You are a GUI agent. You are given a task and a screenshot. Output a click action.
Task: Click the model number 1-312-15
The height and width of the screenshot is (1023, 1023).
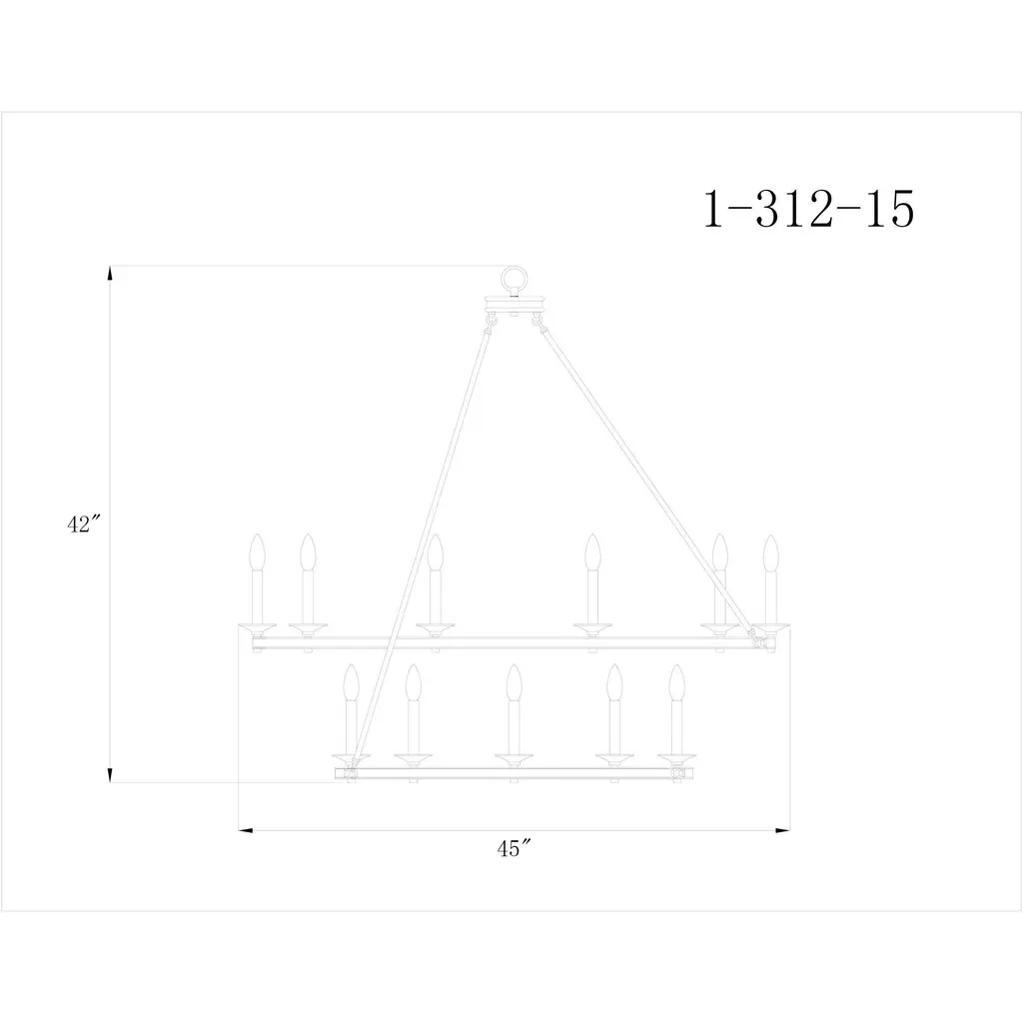809,209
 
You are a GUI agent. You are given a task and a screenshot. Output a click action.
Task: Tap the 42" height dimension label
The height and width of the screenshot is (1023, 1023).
84,523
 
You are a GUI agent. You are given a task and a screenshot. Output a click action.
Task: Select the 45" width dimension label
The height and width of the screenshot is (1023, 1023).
513,849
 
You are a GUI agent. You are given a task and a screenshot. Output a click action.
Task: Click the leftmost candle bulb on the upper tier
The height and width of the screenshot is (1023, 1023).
257,551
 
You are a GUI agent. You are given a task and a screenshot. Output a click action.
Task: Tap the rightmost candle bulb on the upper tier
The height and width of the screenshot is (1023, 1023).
771,551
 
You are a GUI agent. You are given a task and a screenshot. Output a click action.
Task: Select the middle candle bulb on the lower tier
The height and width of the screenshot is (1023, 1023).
514,682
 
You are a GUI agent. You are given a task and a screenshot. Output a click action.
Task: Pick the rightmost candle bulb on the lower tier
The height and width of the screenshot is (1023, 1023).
677,682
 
